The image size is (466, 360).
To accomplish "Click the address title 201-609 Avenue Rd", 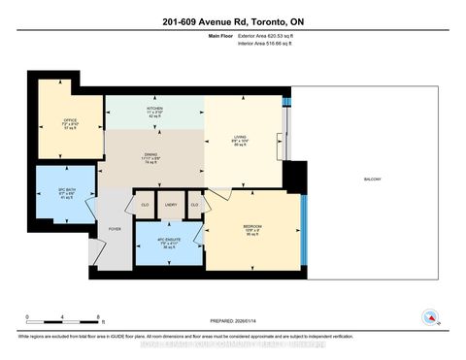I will pyautogui.click(x=233, y=18).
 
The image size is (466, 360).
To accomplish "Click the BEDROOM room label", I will pyautogui.click(x=252, y=228).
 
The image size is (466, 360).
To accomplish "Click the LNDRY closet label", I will pyautogui.click(x=170, y=205).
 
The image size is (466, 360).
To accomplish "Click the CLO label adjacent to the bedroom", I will pyautogui.click(x=194, y=205).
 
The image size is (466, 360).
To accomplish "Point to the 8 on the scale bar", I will pyautogui.click(x=100, y=317).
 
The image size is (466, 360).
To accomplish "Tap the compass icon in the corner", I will pyautogui.click(x=430, y=317).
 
